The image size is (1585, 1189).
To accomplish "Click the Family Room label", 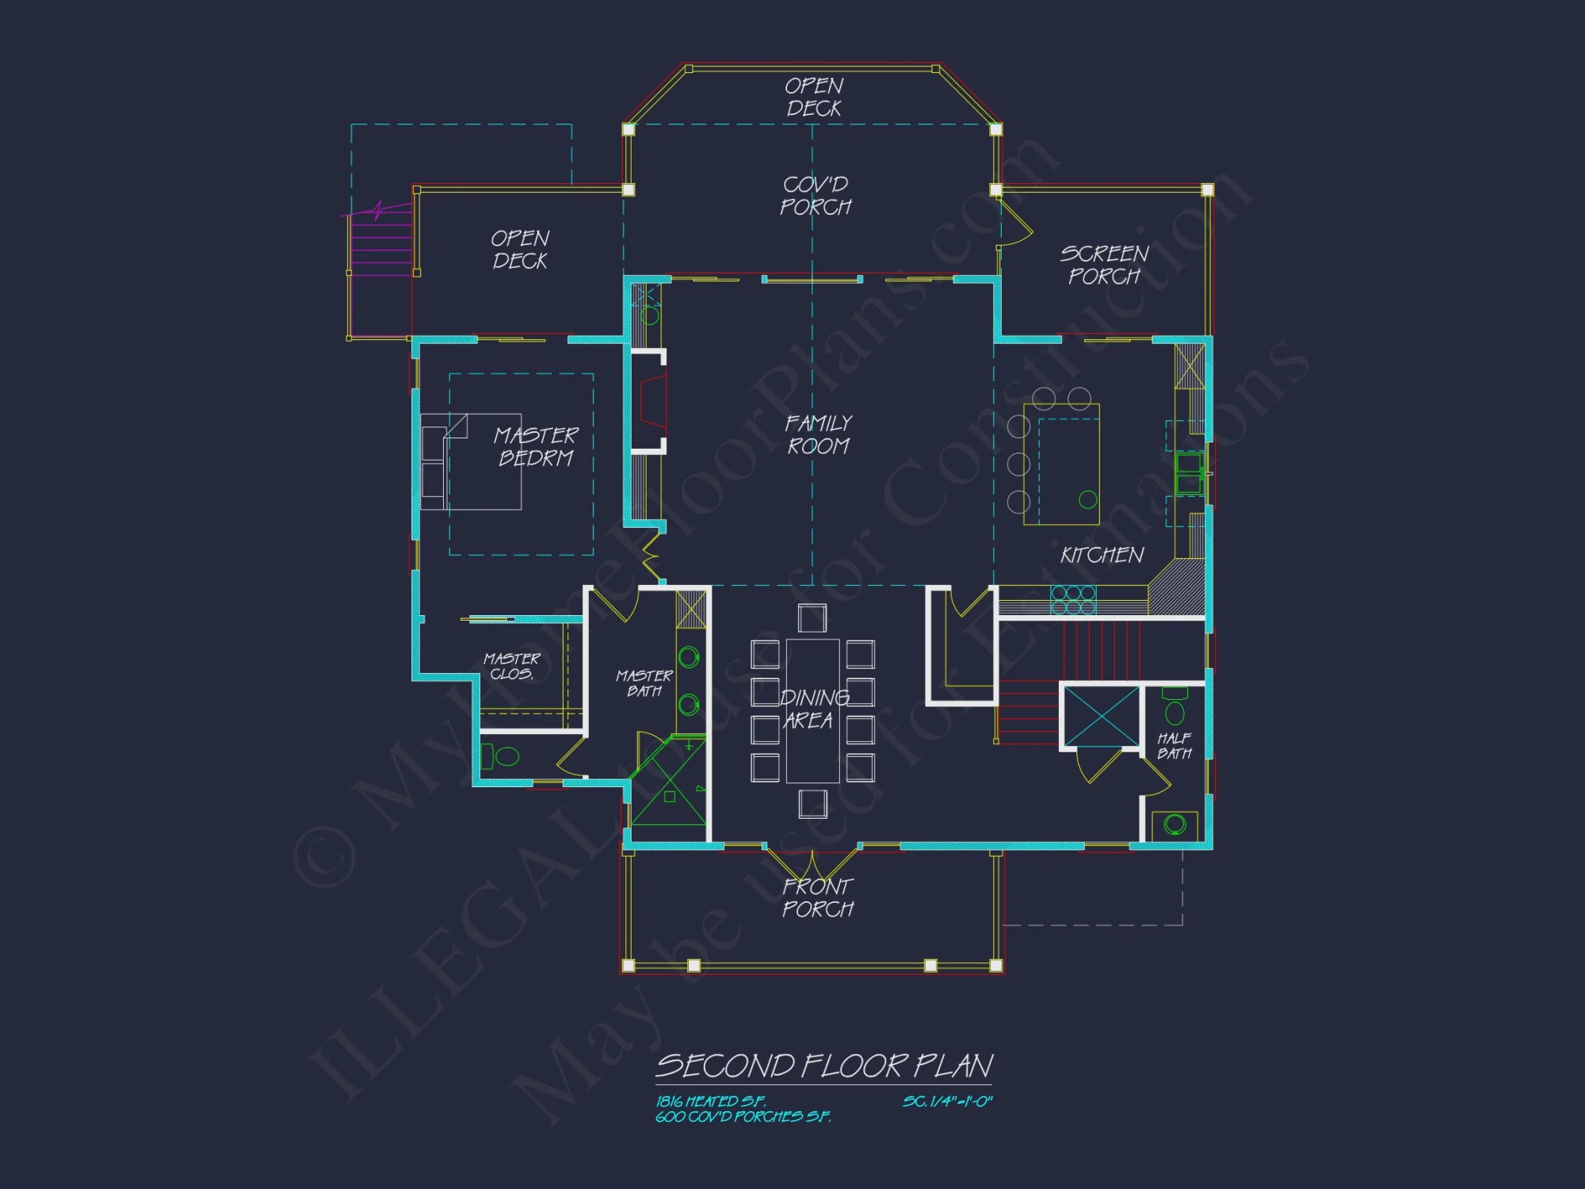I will coord(818,434).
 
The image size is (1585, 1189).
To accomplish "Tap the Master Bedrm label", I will coord(536,446).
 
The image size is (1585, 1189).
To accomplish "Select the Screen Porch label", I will coord(1104,265).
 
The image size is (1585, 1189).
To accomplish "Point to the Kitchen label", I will coord(1102,555).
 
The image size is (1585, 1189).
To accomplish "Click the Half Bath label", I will coord(1174,746).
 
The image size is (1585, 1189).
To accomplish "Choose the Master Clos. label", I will coord(512,666).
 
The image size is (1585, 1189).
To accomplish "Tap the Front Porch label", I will coord(818,897).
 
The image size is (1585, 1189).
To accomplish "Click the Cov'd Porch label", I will coord(815,196).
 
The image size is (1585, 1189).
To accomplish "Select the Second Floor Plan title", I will coord(824,1066).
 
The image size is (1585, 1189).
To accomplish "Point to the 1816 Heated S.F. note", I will coord(711,1101).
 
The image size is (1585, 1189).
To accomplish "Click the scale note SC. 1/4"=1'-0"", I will coord(947,1101).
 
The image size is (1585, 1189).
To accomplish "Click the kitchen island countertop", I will coord(1061,465).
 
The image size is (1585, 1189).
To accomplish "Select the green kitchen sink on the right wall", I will coord(1188,473).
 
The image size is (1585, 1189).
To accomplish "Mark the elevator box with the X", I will coord(1101,717).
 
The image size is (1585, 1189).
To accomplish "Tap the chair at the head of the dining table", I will coord(812,617).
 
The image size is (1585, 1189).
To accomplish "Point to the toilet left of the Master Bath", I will coord(501,756).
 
